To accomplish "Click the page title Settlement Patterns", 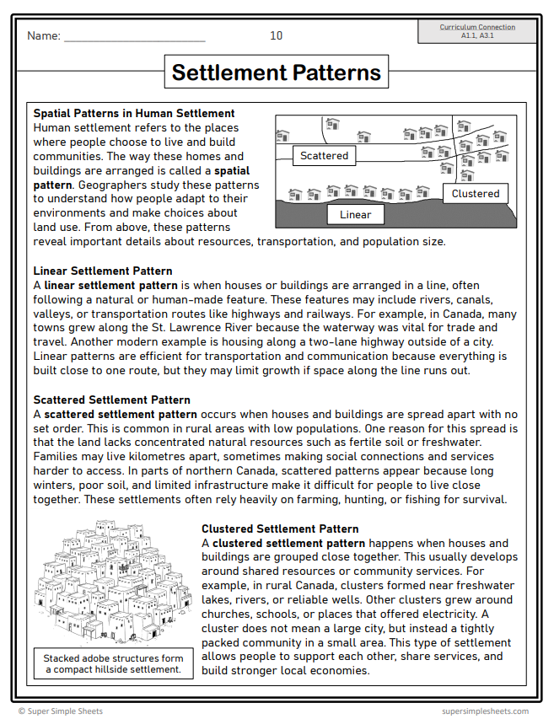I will click(x=277, y=72).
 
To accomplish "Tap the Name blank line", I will click(x=134, y=38).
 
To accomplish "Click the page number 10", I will click(x=277, y=35).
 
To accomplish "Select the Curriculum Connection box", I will click(x=477, y=31).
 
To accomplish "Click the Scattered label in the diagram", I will click(x=324, y=156).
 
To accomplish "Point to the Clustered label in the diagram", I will click(x=475, y=194).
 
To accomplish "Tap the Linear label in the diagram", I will click(x=355, y=215).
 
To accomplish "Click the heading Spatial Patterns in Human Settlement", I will click(x=134, y=113).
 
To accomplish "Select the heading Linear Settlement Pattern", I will click(x=103, y=271).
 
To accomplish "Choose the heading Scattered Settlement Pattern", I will click(x=111, y=400).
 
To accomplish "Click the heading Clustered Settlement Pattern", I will click(x=280, y=529).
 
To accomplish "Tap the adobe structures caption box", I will click(x=112, y=663).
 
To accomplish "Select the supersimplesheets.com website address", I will click(x=485, y=711).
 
